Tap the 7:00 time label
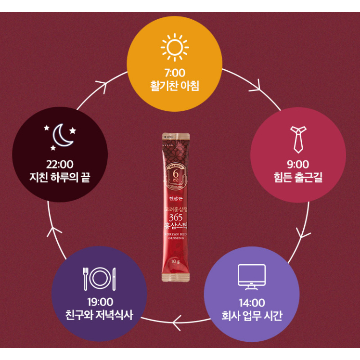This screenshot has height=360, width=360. pos(174,74)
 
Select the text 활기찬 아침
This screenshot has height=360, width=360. pos(174,87)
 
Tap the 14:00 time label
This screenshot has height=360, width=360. pos(252,303)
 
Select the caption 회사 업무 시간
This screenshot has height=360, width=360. pos(252,316)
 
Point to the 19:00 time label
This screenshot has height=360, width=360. pos(99,303)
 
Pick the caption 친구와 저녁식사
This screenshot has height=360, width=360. pos(99,316)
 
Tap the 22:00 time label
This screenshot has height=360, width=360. pos(59,165)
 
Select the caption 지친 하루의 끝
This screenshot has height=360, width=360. pos(59,178)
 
